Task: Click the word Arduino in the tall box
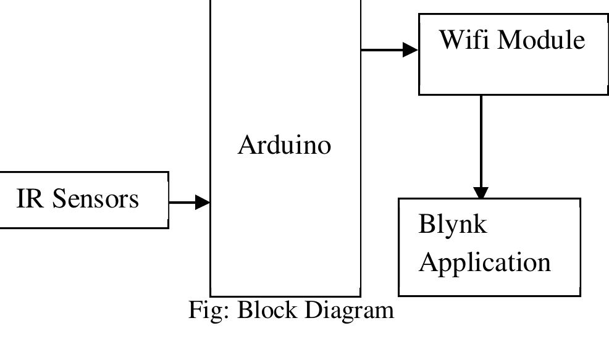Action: pos(285,145)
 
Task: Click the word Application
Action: pos(484,262)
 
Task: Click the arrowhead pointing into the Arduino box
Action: pos(203,201)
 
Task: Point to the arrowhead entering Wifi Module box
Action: pos(411,49)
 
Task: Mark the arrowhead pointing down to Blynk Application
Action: pos(481,192)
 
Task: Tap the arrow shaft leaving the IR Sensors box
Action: pos(182,201)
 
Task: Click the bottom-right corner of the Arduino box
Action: pos(360,296)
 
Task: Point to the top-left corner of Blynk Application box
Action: pos(399,199)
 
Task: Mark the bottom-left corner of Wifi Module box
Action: pos(419,94)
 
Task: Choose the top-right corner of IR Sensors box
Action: pos(168,172)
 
